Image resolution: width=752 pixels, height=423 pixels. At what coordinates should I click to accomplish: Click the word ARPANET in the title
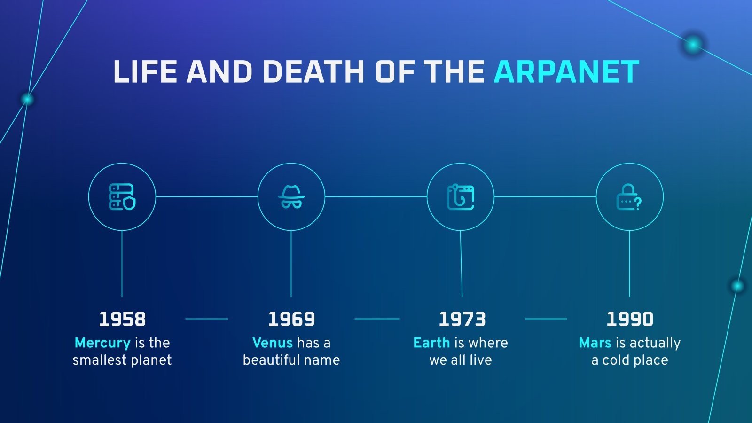click(x=566, y=71)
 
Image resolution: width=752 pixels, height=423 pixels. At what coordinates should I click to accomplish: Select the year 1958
click(x=122, y=319)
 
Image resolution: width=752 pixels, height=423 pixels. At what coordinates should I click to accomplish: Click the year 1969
click(x=291, y=319)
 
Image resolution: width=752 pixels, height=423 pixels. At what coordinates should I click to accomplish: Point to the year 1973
click(x=462, y=319)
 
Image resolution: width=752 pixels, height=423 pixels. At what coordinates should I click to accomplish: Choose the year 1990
click(x=630, y=319)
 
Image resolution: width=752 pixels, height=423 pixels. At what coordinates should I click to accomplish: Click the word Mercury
click(x=102, y=343)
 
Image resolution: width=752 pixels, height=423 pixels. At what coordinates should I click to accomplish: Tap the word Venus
click(x=272, y=343)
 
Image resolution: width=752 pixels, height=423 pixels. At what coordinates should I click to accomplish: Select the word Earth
click(x=431, y=343)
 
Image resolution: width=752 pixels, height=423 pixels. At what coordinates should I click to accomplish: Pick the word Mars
click(x=595, y=343)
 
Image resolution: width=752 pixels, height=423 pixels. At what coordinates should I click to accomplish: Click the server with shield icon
click(x=122, y=197)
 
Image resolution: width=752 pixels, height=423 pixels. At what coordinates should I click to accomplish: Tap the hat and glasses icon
click(x=291, y=197)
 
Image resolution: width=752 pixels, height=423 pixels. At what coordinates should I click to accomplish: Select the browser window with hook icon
click(x=461, y=197)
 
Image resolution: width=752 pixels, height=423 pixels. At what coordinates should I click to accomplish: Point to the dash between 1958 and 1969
click(x=207, y=319)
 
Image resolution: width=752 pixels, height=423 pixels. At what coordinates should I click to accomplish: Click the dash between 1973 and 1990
click(x=546, y=319)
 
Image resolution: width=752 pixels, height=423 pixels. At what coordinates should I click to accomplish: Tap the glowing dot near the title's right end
click(x=693, y=44)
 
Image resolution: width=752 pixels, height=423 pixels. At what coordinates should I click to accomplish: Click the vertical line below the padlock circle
click(x=629, y=264)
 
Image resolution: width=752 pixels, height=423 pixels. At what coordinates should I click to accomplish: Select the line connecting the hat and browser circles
click(x=376, y=197)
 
